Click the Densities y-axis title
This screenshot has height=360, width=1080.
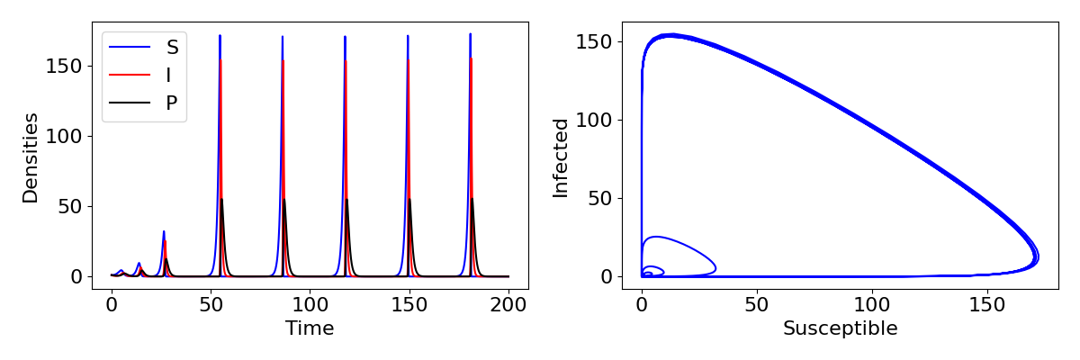coord(31,157)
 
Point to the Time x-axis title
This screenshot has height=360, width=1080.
coord(310,328)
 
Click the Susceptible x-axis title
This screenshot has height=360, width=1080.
coord(840,328)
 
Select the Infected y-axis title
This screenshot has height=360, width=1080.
coord(561,157)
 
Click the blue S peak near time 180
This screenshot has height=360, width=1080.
coord(470,35)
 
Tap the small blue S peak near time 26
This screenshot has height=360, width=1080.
coord(163,231)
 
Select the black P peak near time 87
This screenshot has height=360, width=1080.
coord(284,199)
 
